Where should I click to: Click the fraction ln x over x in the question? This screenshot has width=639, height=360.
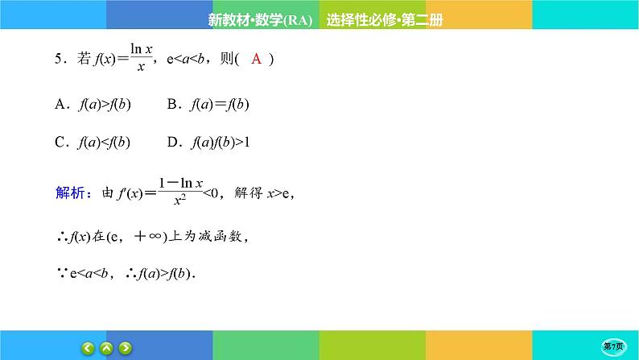tap(141, 59)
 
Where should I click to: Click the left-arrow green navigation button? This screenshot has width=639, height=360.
tap(87, 348)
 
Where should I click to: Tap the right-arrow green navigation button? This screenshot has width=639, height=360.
tap(126, 348)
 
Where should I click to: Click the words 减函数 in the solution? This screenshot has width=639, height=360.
tap(224, 237)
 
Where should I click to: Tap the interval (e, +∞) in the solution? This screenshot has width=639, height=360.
tap(138, 237)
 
